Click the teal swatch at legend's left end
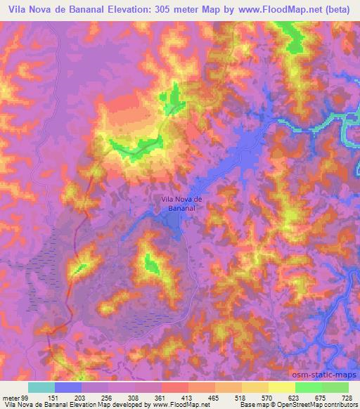pos(41,387)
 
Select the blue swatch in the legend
pos(68,387)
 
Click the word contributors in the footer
pos(338,405)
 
